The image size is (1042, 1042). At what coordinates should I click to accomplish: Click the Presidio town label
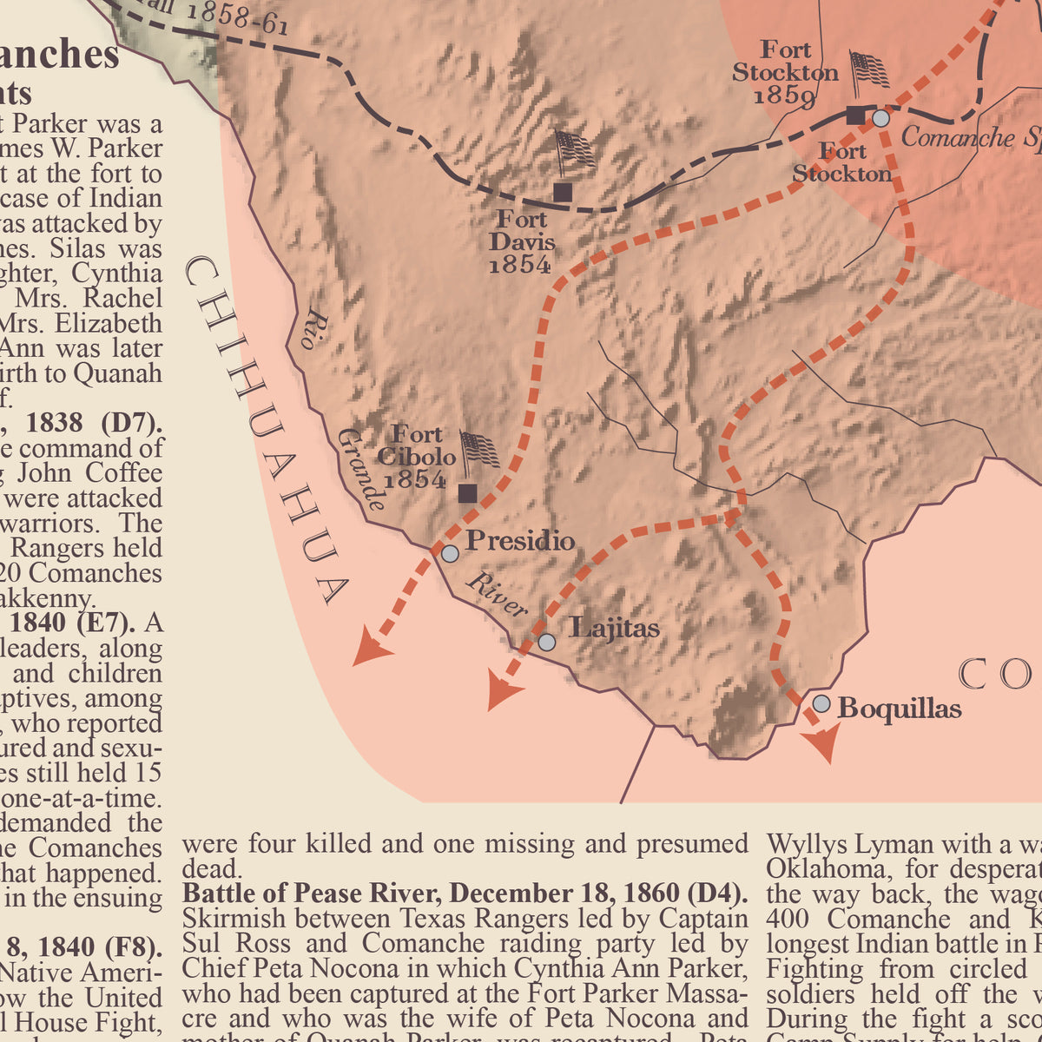(x=520, y=541)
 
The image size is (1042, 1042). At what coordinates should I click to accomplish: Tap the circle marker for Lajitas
(x=546, y=642)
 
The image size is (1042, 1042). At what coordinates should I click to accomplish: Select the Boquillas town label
(x=900, y=709)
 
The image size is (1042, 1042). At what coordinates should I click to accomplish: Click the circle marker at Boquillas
(x=821, y=703)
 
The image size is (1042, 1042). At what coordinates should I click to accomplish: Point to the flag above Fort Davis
(x=574, y=150)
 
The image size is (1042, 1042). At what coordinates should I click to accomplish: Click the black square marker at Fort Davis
(x=563, y=192)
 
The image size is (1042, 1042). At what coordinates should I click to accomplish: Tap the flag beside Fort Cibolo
(x=479, y=450)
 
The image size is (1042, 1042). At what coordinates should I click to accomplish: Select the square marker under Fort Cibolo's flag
(x=467, y=493)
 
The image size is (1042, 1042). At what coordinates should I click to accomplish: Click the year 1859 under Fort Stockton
(x=783, y=96)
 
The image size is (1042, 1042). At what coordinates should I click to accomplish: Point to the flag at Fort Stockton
(x=869, y=70)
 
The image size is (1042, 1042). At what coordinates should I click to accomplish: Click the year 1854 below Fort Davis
(x=519, y=265)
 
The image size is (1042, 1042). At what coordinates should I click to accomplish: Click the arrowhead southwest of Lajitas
(x=504, y=692)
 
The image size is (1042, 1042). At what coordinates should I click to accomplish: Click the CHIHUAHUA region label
(x=264, y=430)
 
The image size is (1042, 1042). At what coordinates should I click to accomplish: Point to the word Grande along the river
(x=361, y=469)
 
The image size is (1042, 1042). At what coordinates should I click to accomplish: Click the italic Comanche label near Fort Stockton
(x=957, y=137)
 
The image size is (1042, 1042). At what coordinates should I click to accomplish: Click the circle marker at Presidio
(x=449, y=553)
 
